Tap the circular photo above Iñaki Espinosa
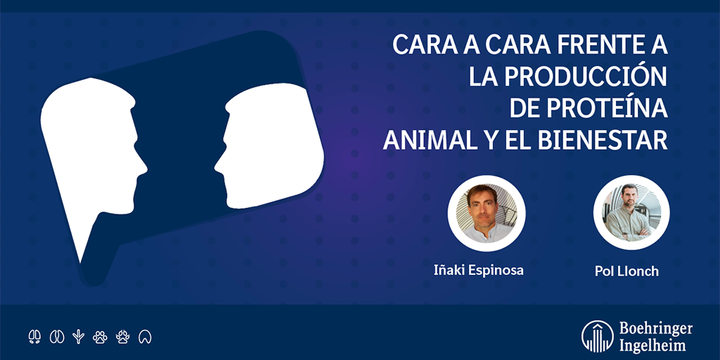pyautogui.click(x=487, y=213)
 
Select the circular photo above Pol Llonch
pyautogui.click(x=631, y=212)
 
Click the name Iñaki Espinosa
pyautogui.click(x=478, y=270)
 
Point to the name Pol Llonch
pyautogui.click(x=626, y=271)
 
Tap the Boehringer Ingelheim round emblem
pyautogui.click(x=598, y=336)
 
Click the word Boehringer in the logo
pyautogui.click(x=656, y=329)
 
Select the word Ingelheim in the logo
pyautogui.click(x=652, y=345)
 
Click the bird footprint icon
pyautogui.click(x=79, y=337)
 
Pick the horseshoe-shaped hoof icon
pyautogui.click(x=145, y=337)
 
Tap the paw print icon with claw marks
pyautogui.click(x=122, y=337)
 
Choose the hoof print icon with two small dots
pyautogui.click(x=34, y=337)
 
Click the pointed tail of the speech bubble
pyautogui.click(x=81, y=262)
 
